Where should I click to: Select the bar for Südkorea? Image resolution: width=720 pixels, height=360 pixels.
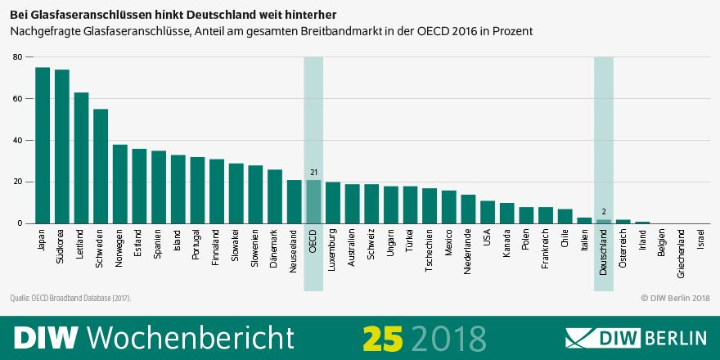(62, 147)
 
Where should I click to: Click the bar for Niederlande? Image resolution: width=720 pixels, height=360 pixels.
(468, 209)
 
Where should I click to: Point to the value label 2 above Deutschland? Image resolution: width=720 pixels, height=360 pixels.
(604, 212)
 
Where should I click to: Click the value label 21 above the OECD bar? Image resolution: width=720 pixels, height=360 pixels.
(313, 173)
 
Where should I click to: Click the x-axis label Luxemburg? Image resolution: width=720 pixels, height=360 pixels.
(333, 248)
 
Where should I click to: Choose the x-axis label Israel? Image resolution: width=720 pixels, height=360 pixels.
(700, 240)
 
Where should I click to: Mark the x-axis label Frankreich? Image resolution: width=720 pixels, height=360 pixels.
(546, 249)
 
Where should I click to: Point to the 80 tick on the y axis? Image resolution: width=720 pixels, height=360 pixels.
(17, 57)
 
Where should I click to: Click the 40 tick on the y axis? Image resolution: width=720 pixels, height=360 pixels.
(17, 141)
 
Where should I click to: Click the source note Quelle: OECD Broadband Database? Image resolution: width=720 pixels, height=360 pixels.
(70, 298)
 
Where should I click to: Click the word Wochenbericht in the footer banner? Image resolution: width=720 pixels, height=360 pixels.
(190, 337)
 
